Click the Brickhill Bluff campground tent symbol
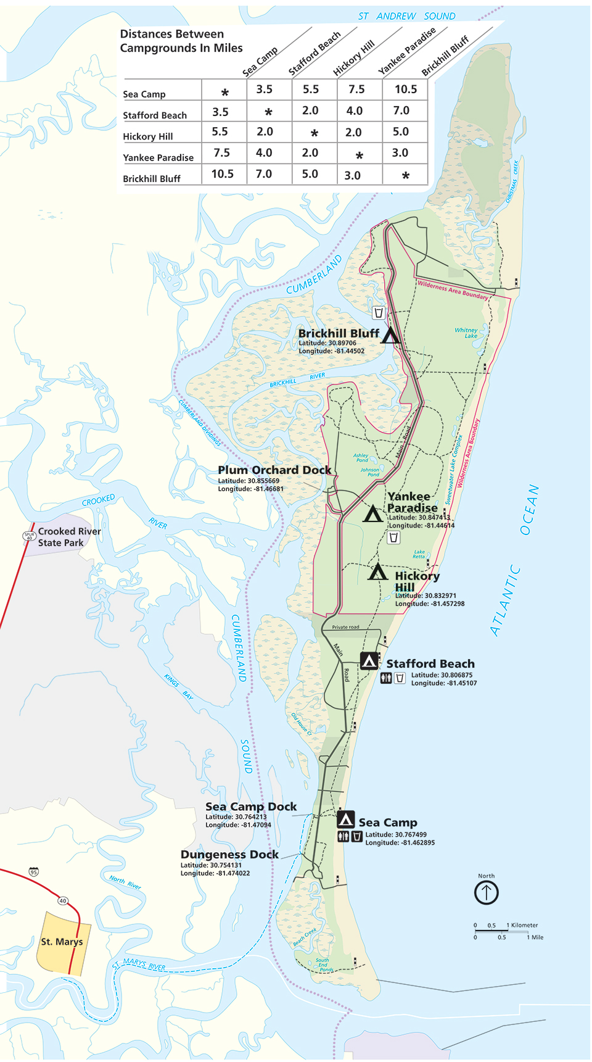click(x=390, y=336)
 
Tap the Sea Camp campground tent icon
click(x=346, y=819)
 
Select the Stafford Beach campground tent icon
click(x=369, y=662)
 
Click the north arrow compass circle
click(x=486, y=892)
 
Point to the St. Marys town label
click(x=62, y=942)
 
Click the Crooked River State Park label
click(x=69, y=537)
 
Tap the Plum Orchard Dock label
click(x=274, y=470)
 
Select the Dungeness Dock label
click(x=229, y=855)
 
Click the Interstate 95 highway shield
click(x=34, y=872)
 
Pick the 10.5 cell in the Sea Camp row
click(x=406, y=89)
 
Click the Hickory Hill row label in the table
click(x=148, y=136)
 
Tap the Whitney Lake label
click(x=466, y=333)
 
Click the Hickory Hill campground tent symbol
click(x=377, y=573)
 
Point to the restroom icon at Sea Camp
click(x=343, y=837)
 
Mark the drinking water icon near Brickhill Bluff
click(x=379, y=313)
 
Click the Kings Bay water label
click(x=179, y=687)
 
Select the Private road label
click(x=345, y=627)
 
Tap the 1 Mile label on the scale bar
click(x=535, y=937)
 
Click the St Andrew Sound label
click(x=407, y=16)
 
